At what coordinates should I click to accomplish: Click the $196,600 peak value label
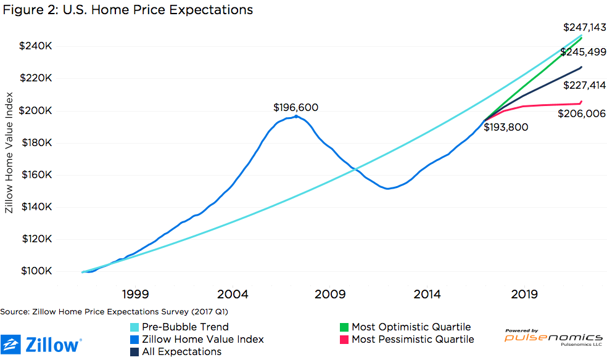click(x=295, y=107)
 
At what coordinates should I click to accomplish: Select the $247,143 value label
click(x=584, y=27)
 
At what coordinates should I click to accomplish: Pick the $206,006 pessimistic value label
click(x=581, y=113)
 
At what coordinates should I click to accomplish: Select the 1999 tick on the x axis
click(x=135, y=294)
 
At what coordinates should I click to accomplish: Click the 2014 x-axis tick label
click(x=427, y=294)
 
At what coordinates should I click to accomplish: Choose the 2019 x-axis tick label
click(x=524, y=294)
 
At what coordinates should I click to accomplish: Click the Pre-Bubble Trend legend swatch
click(x=134, y=327)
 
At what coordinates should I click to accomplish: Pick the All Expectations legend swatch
click(x=134, y=351)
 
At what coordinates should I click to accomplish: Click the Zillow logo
click(x=41, y=345)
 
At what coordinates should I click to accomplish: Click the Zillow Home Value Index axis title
click(x=9, y=153)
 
